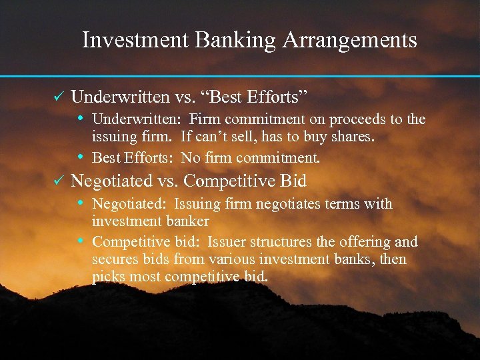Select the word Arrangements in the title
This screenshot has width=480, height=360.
(350, 41)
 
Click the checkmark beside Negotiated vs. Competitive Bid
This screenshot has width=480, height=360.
(58, 180)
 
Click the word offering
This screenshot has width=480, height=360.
(369, 242)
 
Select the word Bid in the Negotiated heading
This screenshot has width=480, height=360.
(293, 181)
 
